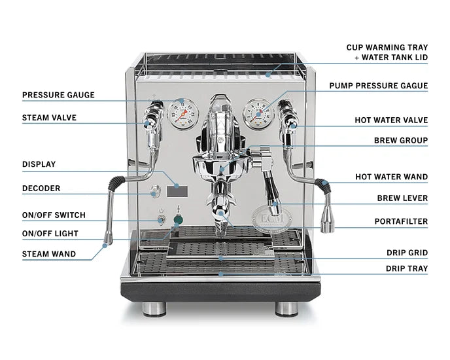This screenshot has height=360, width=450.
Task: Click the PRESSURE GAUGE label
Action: pyautogui.click(x=58, y=95)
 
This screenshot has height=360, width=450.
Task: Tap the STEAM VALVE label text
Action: pyautogui.click(x=49, y=118)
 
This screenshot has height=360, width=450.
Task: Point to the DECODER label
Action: pyautogui.click(x=41, y=189)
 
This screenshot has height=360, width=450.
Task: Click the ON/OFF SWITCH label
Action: pyautogui.click(x=54, y=215)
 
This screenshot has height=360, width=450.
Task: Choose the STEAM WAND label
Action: pyautogui.click(x=49, y=254)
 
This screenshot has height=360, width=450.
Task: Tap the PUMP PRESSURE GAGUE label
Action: pyautogui.click(x=379, y=86)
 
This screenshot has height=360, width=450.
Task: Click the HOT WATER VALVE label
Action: pyautogui.click(x=391, y=120)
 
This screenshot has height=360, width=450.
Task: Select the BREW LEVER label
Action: pyautogui.click(x=402, y=198)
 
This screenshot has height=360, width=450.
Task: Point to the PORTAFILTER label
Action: pyautogui.click(x=401, y=221)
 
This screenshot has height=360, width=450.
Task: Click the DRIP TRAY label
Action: pyautogui.click(x=407, y=268)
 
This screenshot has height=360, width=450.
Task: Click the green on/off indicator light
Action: pyautogui.click(x=178, y=220)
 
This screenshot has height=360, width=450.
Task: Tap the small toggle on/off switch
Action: pyautogui.click(x=162, y=221)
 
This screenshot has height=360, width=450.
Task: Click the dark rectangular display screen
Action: pyautogui.click(x=177, y=191)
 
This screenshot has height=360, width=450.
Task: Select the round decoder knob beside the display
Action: pyautogui.click(x=155, y=191)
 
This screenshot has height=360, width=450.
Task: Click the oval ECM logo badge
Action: pyautogui.click(x=272, y=219)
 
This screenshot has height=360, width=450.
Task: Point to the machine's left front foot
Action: pyautogui.click(x=154, y=310)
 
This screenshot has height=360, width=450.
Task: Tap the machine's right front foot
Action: pyautogui.click(x=287, y=310)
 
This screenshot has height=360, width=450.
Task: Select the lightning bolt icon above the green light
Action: pyautogui.click(x=179, y=209)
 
